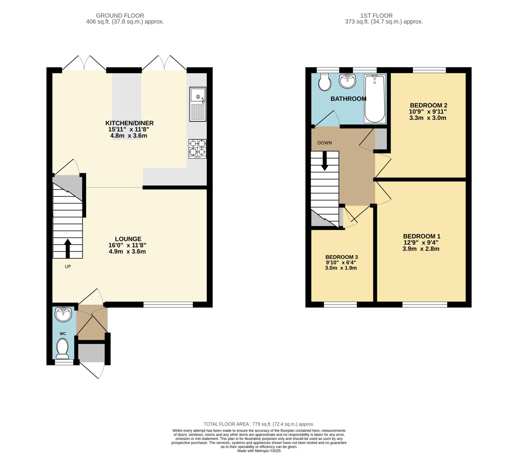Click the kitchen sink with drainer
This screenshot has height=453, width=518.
tap(198, 104)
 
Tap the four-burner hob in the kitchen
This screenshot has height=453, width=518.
tap(198, 149)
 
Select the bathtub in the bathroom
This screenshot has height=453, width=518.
tap(375, 99)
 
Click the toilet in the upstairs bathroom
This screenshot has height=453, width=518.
tap(325, 82)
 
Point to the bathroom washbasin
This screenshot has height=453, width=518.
tap(348, 81)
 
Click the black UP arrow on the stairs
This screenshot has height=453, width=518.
tap(68, 249)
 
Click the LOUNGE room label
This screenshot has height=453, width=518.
tap(128, 239)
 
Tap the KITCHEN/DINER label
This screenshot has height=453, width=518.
tap(129, 123)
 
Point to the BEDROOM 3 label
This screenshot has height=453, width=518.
tap(341, 257)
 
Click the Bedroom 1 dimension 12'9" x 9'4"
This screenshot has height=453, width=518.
tap(421, 242)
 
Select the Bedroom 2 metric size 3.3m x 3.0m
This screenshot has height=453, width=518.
tap(428, 118)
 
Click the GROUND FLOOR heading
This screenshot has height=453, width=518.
tap(120, 16)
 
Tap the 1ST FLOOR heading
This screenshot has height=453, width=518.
tap(384, 16)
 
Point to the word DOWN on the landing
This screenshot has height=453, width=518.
tap(325, 143)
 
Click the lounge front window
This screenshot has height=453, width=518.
tap(168, 304)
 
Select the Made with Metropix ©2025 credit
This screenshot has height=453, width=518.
tap(259, 451)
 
